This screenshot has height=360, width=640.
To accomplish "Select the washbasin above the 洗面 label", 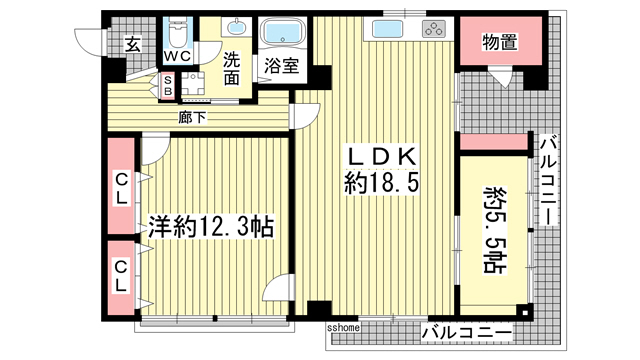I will click(x=235, y=27).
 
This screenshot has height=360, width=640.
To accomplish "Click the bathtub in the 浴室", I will click(x=285, y=33).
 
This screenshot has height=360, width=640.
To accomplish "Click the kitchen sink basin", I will click(x=387, y=27).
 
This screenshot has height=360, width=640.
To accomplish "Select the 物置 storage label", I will click(x=499, y=41).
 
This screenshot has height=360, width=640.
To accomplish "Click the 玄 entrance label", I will click(x=132, y=43).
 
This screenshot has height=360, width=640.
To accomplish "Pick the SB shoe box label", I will click(x=168, y=85).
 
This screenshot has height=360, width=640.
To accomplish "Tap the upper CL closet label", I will click(x=121, y=188).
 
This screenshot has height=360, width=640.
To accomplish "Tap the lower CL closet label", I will click(x=121, y=276).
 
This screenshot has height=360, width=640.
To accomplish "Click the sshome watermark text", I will click(x=343, y=327).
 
